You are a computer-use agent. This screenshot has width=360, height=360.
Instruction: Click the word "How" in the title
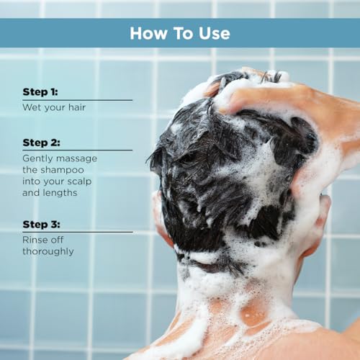[148, 33]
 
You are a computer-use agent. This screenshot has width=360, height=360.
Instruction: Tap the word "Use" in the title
[215, 33]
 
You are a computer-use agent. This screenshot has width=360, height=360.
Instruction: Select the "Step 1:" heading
[40, 92]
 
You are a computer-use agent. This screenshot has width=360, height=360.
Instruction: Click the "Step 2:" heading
[41, 143]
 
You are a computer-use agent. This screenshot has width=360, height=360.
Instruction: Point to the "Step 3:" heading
[41, 225]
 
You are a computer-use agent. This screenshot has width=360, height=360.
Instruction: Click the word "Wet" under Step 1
[32, 107]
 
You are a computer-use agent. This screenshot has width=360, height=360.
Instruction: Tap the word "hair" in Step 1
[77, 107]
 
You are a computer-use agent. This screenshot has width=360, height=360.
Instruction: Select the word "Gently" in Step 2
[37, 158]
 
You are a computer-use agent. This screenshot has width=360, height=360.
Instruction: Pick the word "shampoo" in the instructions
[63, 170]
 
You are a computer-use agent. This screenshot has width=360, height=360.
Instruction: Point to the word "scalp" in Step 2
[79, 181]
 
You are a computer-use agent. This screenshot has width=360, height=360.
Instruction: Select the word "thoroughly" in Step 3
[48, 251]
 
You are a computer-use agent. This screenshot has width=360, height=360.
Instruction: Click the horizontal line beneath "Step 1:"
[78, 100]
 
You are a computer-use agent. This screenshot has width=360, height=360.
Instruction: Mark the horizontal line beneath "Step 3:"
[78, 232]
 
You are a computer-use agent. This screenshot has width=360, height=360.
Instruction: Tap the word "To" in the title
[183, 33]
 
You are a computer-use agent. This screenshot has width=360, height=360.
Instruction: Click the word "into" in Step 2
[31, 181]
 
